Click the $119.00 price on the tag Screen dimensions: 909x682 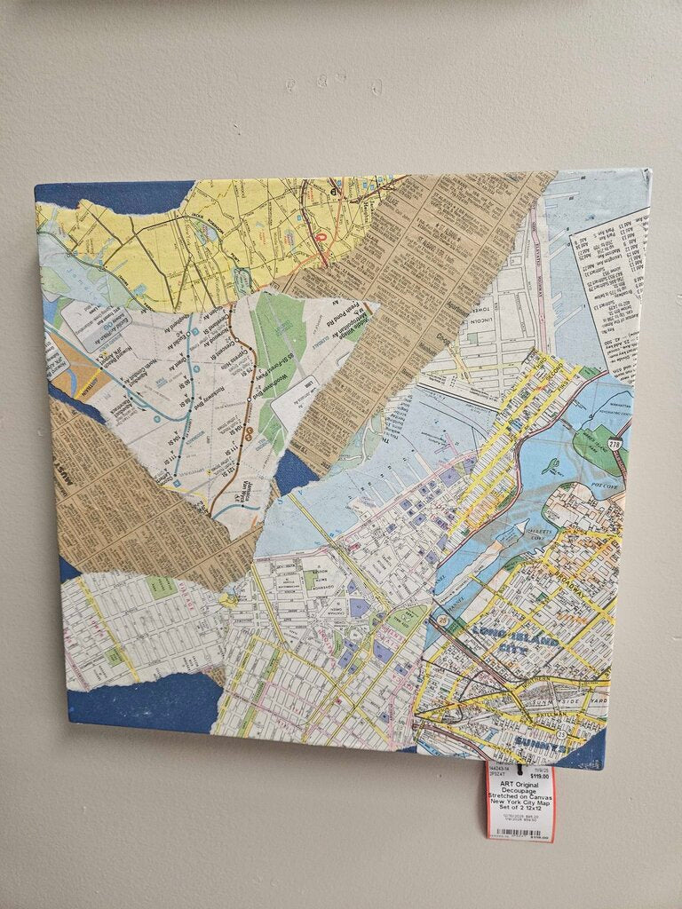[x=537, y=776]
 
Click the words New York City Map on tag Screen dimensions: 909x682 [x=519, y=801]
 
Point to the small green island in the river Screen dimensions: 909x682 [x=550, y=464]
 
